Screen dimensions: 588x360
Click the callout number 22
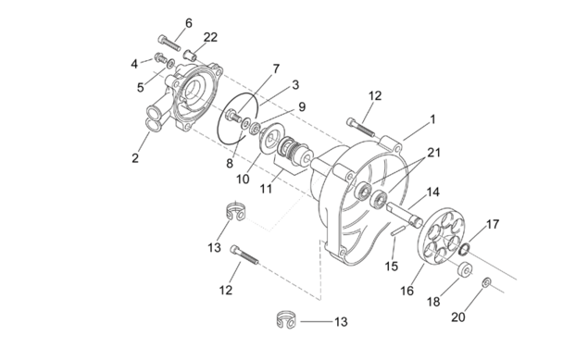(210, 37)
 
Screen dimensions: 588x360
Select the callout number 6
(189, 23)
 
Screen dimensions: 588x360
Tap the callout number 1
(432, 119)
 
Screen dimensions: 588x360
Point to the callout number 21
(434, 153)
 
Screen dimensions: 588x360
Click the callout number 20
(457, 317)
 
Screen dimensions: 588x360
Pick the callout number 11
(266, 189)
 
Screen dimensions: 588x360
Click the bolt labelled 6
(169, 43)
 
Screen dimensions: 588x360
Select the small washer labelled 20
(486, 282)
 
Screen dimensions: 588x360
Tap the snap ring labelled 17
(464, 249)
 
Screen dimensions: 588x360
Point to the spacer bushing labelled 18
(466, 269)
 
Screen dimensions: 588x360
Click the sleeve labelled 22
(191, 56)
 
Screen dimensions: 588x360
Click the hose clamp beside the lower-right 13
(286, 320)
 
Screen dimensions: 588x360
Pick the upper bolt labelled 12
(361, 128)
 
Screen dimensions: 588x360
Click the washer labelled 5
(170, 63)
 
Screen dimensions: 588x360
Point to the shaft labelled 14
(405, 215)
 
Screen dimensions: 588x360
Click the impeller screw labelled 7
(233, 115)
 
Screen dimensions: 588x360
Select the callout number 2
(135, 158)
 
